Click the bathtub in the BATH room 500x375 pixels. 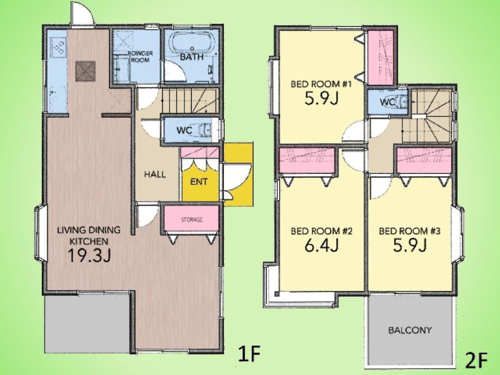point(190,42)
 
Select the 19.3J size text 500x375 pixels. point(89,255)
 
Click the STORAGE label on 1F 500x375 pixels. point(191,219)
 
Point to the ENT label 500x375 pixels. point(198,182)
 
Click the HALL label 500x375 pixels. point(155,174)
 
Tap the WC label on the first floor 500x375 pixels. point(184,130)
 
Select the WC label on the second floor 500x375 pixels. point(388,102)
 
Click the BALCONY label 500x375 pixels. point(410,330)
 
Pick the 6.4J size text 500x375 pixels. point(321,245)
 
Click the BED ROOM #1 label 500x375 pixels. point(321,84)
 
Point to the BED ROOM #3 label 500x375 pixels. point(409,231)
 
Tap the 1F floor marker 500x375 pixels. point(249,353)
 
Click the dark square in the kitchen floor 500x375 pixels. point(85,71)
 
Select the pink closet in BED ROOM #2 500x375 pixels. point(307,160)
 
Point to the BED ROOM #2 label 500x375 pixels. point(321,231)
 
